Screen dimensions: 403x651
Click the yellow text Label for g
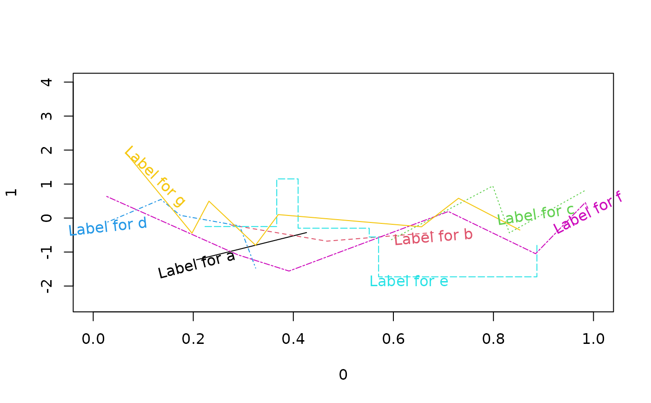[154, 176]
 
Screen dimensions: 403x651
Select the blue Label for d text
[108, 227]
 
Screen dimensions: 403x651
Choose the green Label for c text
[536, 215]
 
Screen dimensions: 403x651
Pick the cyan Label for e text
[409, 282]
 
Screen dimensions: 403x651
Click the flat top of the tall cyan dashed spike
[287, 179]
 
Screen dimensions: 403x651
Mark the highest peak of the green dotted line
[492, 187]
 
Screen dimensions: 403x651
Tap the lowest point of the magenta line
[289, 271]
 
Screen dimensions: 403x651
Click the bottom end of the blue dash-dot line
[256, 269]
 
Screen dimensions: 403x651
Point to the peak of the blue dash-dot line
[161, 200]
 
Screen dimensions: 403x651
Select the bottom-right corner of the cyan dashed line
[537, 276]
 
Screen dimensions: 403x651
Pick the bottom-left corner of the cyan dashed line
[379, 276]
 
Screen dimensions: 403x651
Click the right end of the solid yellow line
[519, 229]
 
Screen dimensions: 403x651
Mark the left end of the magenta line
[106, 196]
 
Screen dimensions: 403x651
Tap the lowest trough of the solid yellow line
[255, 245]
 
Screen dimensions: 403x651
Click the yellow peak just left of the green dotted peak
[458, 198]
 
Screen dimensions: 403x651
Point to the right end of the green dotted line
[585, 191]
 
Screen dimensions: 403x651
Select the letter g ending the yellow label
[179, 201]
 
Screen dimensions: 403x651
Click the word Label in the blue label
[85, 229]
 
